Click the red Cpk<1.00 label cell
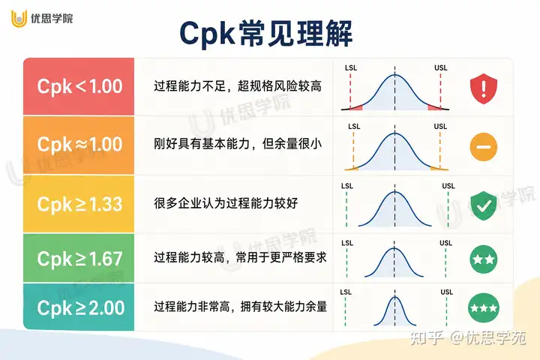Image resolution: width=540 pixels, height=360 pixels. click(x=79, y=86)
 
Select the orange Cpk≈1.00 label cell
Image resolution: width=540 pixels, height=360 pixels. click(x=79, y=145)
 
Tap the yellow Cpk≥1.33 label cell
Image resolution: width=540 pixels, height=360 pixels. click(x=79, y=204)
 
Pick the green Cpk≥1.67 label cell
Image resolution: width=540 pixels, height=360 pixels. click(x=79, y=258)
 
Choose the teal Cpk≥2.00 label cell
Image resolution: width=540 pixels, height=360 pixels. click(x=79, y=307)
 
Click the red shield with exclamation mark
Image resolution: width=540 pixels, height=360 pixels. click(x=484, y=88)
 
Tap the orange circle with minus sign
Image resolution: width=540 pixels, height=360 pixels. click(x=484, y=147)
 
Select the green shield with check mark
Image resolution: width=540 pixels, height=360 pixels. click(x=484, y=205)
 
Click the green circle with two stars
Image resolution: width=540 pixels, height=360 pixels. click(x=484, y=259)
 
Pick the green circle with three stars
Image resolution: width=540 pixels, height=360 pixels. click(x=484, y=307)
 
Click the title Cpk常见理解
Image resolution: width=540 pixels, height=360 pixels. click(x=265, y=34)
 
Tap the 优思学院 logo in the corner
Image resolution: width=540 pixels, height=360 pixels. click(x=42, y=18)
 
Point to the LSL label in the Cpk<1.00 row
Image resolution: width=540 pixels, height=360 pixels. click(x=351, y=67)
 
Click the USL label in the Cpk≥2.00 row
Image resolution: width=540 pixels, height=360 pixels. click(x=447, y=292)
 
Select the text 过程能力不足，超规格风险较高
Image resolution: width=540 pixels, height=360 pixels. click(x=238, y=86)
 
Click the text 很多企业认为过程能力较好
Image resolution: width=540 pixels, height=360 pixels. click(x=226, y=203)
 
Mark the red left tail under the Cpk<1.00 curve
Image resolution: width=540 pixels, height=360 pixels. click(x=356, y=107)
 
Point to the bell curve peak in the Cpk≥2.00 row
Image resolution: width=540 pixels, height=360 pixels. click(x=394, y=297)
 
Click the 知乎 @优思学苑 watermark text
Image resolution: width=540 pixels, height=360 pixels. click(x=468, y=338)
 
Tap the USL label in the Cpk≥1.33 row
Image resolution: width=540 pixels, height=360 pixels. click(x=448, y=186)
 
